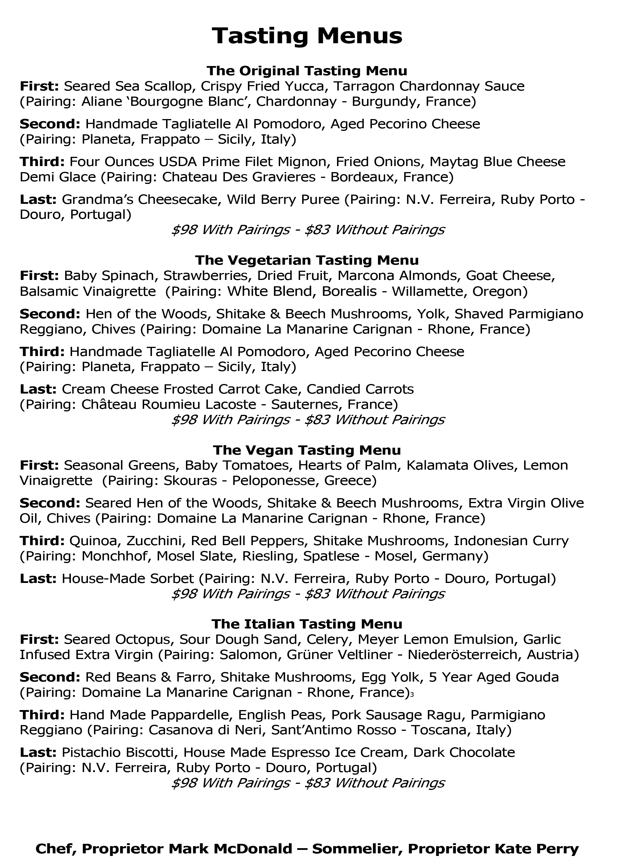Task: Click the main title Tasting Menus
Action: coord(307,36)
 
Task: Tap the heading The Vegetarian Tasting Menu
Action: coord(307,260)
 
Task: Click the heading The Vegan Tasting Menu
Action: coord(307,450)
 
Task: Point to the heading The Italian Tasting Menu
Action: coord(307,624)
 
